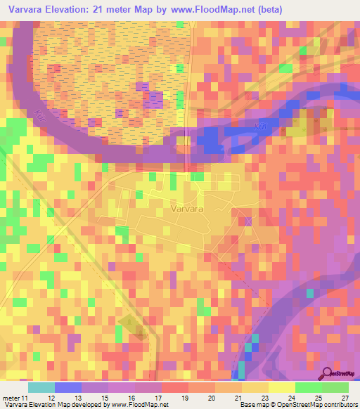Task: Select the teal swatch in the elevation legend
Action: [41, 387]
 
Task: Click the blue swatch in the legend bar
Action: [67, 387]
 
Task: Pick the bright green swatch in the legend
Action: [308, 387]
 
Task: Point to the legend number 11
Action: [27, 398]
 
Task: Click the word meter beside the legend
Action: [11, 398]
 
